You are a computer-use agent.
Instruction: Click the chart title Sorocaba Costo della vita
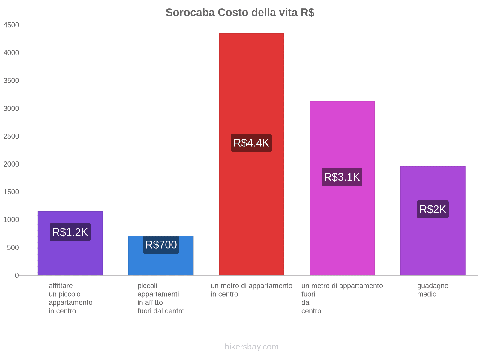pyautogui.click(x=240, y=13)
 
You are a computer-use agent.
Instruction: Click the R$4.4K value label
pyautogui.click(x=251, y=143)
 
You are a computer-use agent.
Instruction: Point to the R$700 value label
pyautogui.click(x=161, y=245)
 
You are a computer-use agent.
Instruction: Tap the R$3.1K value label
pyautogui.click(x=342, y=177)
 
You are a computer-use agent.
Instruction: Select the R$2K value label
pyautogui.click(x=433, y=209)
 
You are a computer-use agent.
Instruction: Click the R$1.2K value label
pyautogui.click(x=70, y=232)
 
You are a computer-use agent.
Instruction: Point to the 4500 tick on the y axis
pyautogui.click(x=11, y=25)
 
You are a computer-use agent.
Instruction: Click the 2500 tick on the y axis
pyautogui.click(x=11, y=136)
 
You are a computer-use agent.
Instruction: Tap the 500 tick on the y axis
pyautogui.click(x=13, y=248)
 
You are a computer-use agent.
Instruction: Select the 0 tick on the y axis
pyautogui.click(x=17, y=275)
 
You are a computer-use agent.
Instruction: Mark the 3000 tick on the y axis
pyautogui.click(x=11, y=109)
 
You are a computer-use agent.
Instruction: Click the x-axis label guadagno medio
pyautogui.click(x=433, y=290)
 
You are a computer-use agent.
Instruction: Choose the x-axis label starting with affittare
pyautogui.click(x=70, y=298)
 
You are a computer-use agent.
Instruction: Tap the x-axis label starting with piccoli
pyautogui.click(x=161, y=298)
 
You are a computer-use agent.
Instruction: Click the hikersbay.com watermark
pyautogui.click(x=251, y=347)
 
